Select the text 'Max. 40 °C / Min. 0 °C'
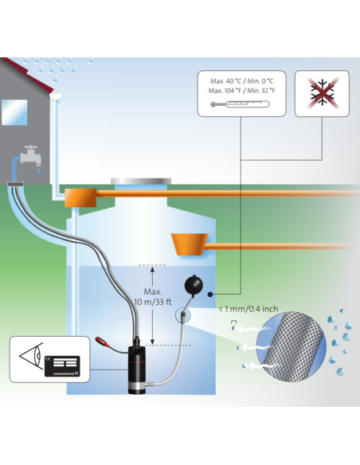[241, 80]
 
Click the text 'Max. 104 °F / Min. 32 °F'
[241, 90]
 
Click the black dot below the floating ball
[210, 295]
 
